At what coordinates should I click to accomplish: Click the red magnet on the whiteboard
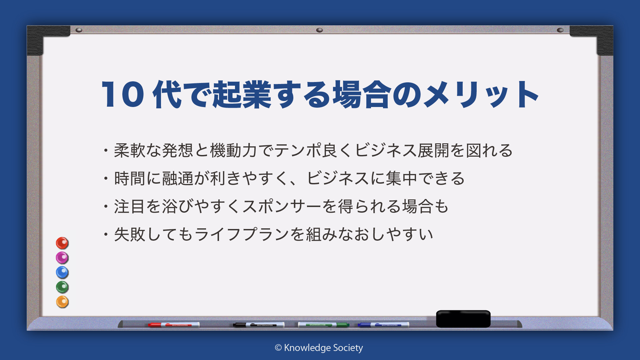pos(62,243)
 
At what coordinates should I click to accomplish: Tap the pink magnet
pos(62,258)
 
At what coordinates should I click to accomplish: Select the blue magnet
pos(62,272)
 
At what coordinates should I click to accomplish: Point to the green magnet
pos(62,287)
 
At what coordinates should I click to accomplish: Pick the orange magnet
pos(62,302)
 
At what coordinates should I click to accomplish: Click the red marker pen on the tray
pos(174,325)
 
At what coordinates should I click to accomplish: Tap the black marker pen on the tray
pos(259,325)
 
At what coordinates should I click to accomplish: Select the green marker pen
pos(323,325)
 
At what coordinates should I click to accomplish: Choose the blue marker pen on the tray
pos(383,325)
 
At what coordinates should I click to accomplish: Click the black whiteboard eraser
pos(463,319)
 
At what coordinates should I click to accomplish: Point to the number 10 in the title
pos(123,95)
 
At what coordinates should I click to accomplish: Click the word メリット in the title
pos(481,95)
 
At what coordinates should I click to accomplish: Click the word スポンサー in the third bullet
pos(282,206)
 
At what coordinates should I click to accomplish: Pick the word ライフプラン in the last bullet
pos(242,234)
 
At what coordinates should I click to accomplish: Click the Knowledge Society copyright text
pos(319,348)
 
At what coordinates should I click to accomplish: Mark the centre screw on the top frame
pos(319,30)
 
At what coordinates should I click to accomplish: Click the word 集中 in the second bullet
pos(402,178)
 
